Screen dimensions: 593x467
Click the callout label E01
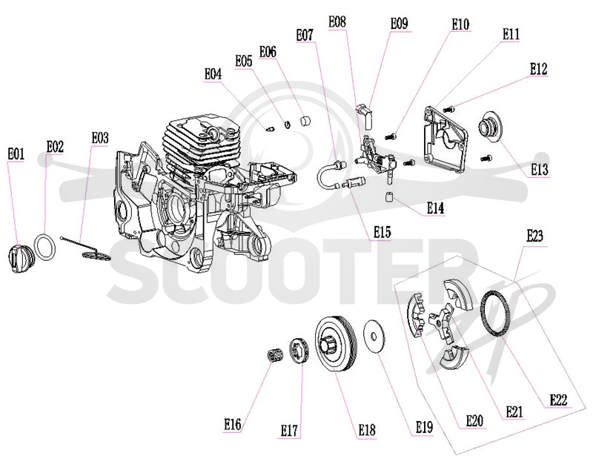pyautogui.click(x=16, y=154)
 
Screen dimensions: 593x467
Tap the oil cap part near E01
pyautogui.click(x=21, y=258)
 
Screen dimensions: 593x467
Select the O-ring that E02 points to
pyautogui.click(x=45, y=247)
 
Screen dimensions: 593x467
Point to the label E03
pyautogui.click(x=100, y=138)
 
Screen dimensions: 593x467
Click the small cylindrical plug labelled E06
pyautogui.click(x=305, y=121)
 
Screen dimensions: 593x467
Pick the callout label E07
pyautogui.click(x=305, y=35)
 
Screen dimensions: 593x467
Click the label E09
pyautogui.click(x=400, y=24)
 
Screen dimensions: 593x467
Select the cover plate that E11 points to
pyautogui.click(x=445, y=139)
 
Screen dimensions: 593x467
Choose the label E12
pyautogui.click(x=539, y=69)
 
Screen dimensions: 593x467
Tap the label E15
pyautogui.click(x=382, y=232)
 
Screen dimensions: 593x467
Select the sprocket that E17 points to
pyautogui.click(x=299, y=351)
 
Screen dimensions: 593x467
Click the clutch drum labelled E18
pyautogui.click(x=336, y=345)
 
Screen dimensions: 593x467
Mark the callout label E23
pyautogui.click(x=535, y=236)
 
